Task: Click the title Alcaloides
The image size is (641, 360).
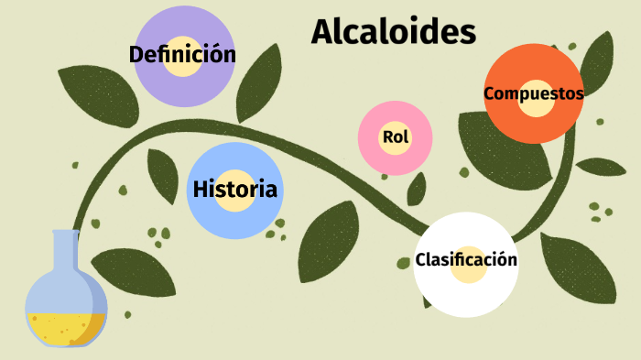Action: (x=393, y=32)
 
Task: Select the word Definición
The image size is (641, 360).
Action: (x=182, y=55)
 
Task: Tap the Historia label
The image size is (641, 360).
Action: (x=234, y=191)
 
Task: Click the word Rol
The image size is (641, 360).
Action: (x=395, y=137)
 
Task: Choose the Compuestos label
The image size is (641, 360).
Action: (x=533, y=93)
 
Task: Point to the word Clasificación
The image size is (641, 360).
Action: (x=466, y=260)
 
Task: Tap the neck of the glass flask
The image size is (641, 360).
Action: (x=65, y=252)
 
